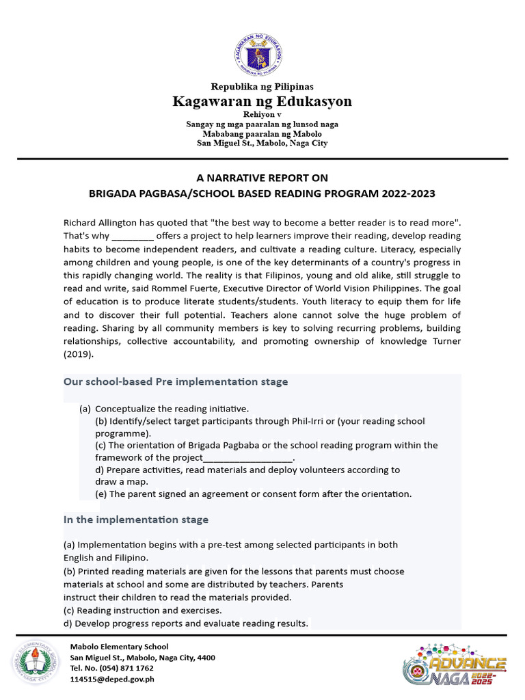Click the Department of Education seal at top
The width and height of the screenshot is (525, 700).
point(262,51)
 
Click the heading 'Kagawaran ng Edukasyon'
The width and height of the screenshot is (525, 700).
point(262,102)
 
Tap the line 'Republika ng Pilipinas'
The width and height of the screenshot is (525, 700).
point(262,87)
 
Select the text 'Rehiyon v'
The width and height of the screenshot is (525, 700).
point(262,114)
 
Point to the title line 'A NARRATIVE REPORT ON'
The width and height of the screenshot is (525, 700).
point(262,178)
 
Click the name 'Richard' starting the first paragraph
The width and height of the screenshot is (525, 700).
point(81,224)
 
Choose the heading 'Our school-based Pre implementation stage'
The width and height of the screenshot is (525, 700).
point(176,381)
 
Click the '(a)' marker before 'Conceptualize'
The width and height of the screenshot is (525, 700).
point(85,409)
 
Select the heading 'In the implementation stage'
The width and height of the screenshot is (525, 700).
point(136,520)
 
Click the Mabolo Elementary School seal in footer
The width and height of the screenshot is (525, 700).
point(34,662)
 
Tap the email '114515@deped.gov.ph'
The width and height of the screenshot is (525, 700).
point(112,679)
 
